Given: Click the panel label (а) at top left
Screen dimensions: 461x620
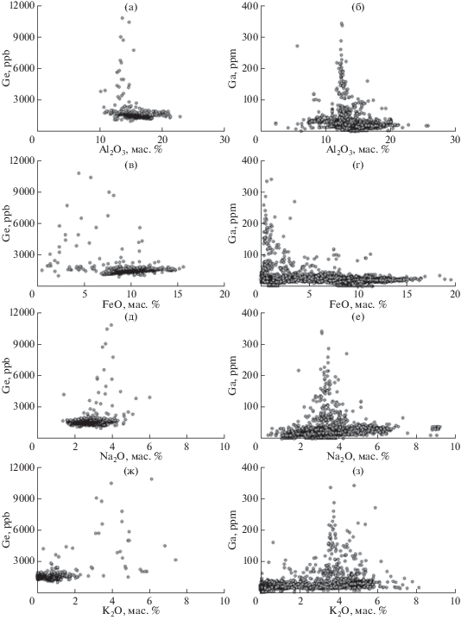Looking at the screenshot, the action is point(130,8).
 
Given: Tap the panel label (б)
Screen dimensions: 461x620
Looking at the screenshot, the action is point(357,8).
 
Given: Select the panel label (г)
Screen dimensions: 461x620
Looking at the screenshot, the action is point(357,165).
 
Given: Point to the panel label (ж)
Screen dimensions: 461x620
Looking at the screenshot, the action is point(130,471).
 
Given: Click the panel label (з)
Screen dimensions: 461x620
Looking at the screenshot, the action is point(357,471).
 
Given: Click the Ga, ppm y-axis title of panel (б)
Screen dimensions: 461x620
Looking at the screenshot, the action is point(233,68).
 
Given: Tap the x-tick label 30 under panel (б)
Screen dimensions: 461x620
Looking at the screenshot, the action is point(456,140).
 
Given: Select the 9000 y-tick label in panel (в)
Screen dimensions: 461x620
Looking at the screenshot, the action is point(24,191).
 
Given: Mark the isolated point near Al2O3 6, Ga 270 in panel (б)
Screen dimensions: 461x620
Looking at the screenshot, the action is point(297,46).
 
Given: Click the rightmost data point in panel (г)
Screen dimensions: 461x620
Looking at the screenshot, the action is point(451,280).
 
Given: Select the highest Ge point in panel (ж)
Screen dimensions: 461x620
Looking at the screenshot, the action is point(151,479).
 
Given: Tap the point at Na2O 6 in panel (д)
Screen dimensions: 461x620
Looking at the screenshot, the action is point(149,398).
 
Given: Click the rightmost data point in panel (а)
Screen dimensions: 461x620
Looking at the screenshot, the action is point(180,116).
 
